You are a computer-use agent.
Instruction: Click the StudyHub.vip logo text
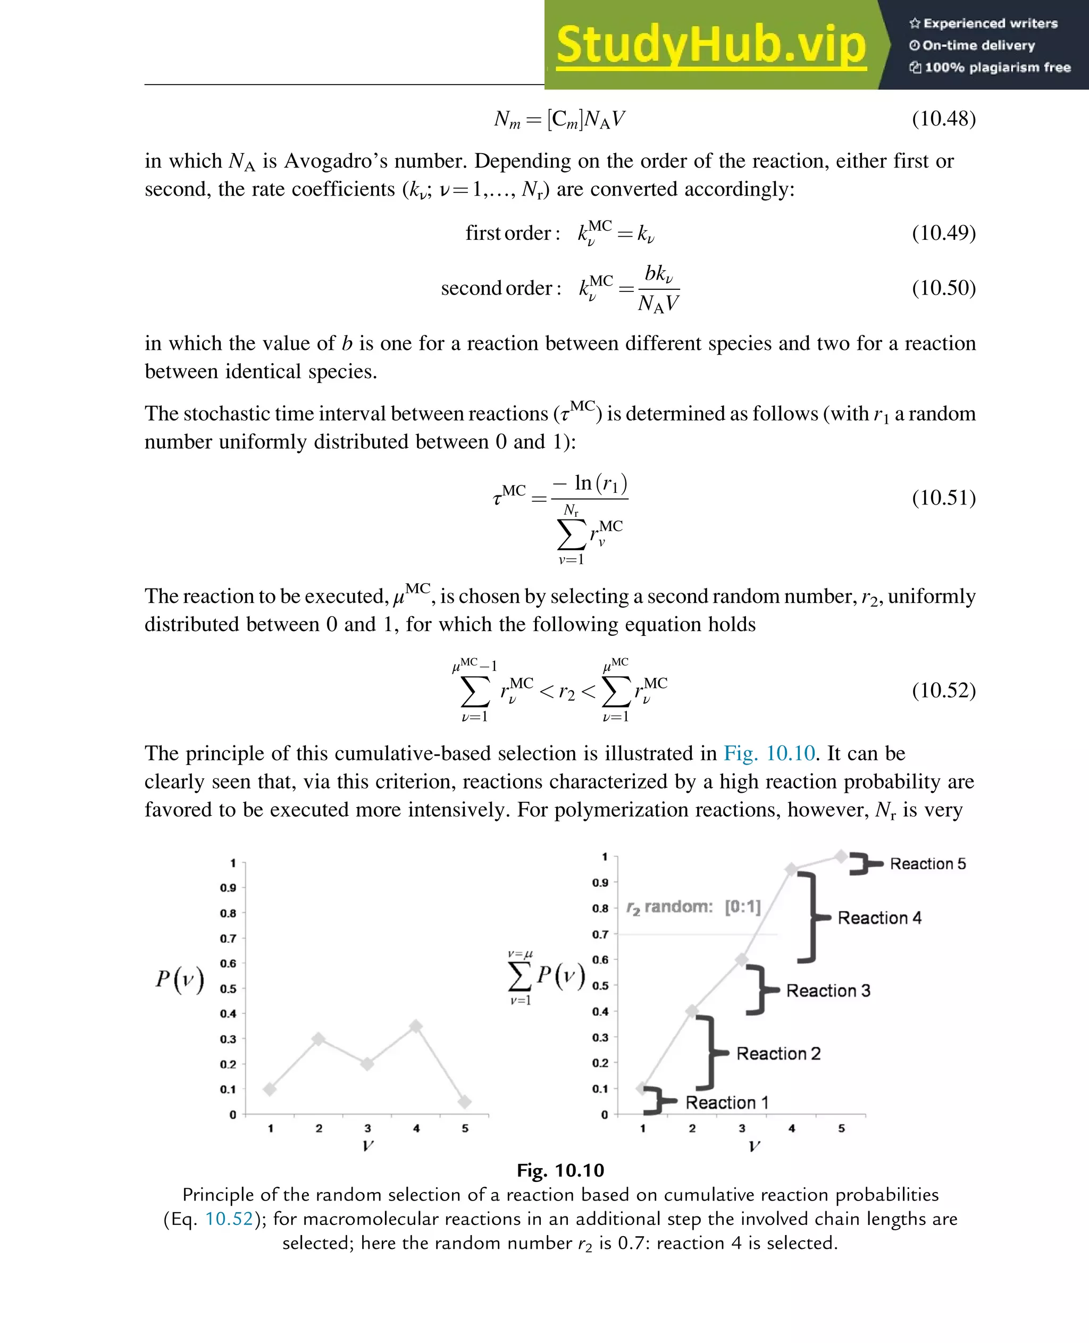click(711, 45)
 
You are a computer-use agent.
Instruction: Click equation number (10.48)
click(943, 118)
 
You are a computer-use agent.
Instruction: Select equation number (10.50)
click(943, 288)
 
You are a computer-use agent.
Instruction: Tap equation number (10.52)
click(943, 690)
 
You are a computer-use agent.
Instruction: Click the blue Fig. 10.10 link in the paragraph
click(769, 753)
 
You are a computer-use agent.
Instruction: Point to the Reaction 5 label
click(928, 864)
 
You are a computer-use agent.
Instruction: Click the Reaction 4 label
click(879, 918)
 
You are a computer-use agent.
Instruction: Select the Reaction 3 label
click(828, 991)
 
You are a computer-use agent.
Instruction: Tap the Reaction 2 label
click(778, 1053)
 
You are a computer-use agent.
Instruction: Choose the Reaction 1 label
click(726, 1102)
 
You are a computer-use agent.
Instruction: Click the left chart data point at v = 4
click(416, 1027)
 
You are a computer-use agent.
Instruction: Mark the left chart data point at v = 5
click(465, 1102)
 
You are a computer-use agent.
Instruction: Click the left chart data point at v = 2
click(319, 1039)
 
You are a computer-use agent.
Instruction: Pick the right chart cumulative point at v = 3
click(741, 960)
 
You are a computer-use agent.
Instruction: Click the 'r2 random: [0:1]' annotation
click(693, 907)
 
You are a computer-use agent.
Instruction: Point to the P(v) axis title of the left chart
click(180, 979)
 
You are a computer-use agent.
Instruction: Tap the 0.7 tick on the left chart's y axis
click(228, 938)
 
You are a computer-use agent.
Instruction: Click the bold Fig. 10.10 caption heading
click(560, 1171)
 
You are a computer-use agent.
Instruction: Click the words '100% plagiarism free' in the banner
click(997, 67)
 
